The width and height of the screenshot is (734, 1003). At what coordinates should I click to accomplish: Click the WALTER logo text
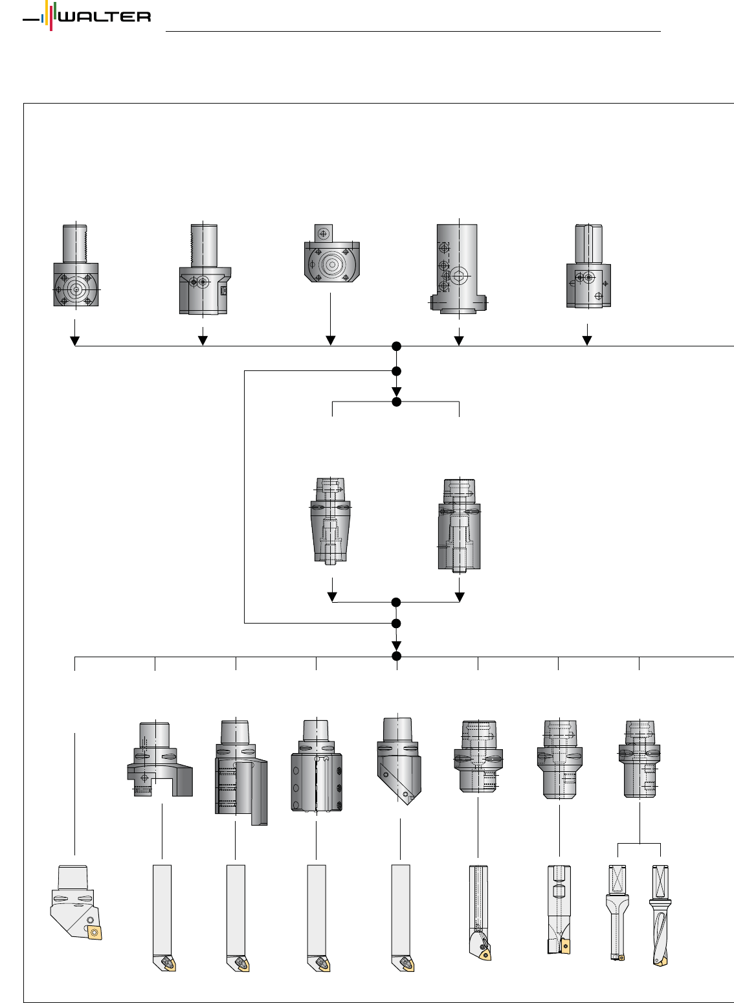point(104,16)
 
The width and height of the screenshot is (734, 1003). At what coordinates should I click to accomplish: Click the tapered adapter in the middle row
point(331,521)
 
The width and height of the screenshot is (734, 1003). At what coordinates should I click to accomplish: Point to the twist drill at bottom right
point(660,916)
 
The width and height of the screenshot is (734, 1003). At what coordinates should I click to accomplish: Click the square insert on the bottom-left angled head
point(95,932)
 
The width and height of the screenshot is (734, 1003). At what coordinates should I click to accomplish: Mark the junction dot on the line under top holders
point(397,346)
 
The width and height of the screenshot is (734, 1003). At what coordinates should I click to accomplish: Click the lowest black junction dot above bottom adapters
point(397,657)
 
